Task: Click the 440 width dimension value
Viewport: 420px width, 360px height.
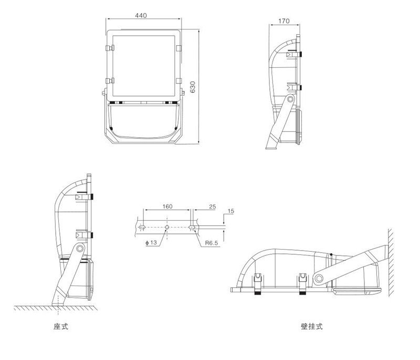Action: coord(141,16)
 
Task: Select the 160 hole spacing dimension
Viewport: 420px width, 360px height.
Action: coord(167,207)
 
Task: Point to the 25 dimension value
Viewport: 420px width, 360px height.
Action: coord(213,207)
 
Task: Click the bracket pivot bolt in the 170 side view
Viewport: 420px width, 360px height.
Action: coord(290,99)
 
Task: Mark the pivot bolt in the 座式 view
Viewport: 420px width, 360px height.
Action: coord(79,248)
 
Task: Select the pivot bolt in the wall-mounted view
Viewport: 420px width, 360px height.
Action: coord(319,277)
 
